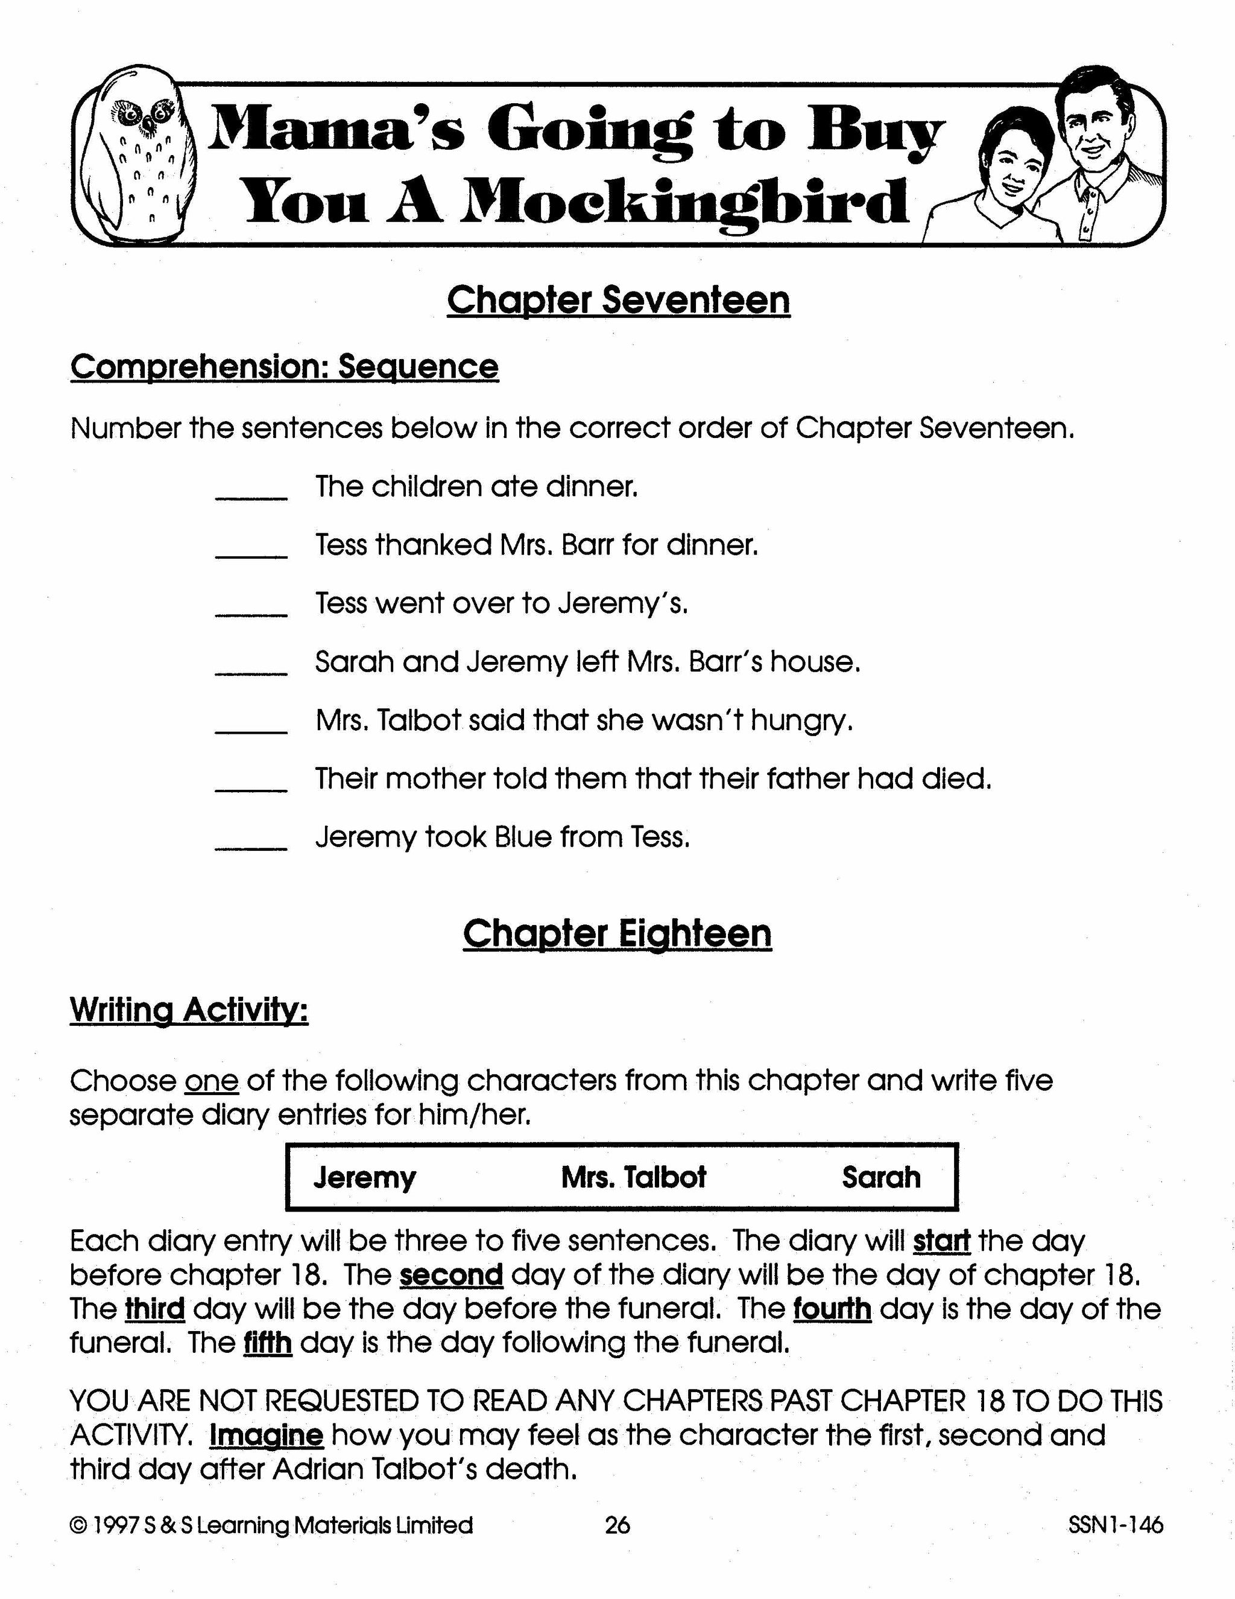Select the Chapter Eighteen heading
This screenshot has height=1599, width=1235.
click(617, 933)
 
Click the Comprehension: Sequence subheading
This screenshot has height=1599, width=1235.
click(284, 366)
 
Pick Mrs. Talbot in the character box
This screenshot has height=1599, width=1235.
click(634, 1177)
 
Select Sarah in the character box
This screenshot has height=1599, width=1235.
click(881, 1177)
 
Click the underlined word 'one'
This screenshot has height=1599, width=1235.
click(212, 1081)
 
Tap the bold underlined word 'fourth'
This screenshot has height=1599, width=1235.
click(832, 1308)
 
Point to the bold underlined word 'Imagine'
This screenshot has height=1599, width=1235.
click(267, 1435)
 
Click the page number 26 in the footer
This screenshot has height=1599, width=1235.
click(617, 1525)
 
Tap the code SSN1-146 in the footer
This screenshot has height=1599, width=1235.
click(1115, 1525)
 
